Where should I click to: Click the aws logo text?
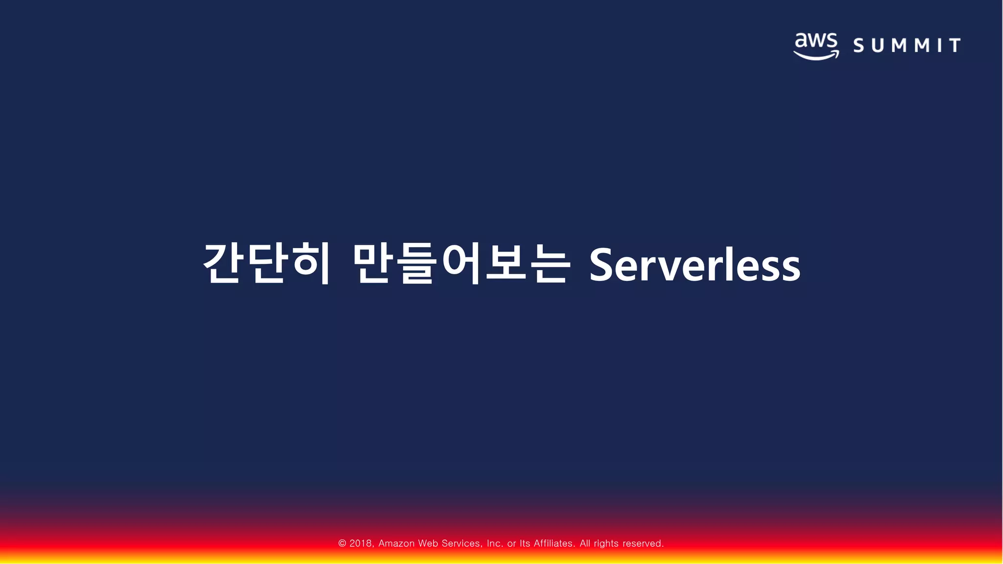click(816, 41)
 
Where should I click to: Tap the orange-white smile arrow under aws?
click(816, 55)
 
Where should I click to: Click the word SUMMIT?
click(907, 46)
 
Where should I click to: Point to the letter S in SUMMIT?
click(859, 46)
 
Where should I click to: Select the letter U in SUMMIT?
click(878, 46)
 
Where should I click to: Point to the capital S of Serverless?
click(602, 265)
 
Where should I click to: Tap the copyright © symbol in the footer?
click(342, 543)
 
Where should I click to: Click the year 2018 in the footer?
click(361, 543)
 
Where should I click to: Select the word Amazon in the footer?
click(396, 543)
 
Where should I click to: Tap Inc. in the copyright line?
click(495, 543)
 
